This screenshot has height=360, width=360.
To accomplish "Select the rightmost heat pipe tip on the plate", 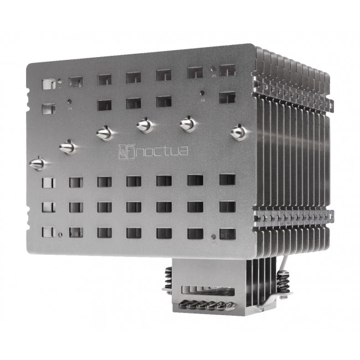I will (239, 131).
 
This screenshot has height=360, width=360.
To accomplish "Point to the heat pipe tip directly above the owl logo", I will (106, 133).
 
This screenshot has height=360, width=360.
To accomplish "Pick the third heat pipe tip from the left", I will (106, 133).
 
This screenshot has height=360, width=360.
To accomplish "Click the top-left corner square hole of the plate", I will (49, 84).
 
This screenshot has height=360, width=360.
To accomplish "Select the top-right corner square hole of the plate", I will (227, 70).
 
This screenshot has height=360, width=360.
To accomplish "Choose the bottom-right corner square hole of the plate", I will (227, 233).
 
